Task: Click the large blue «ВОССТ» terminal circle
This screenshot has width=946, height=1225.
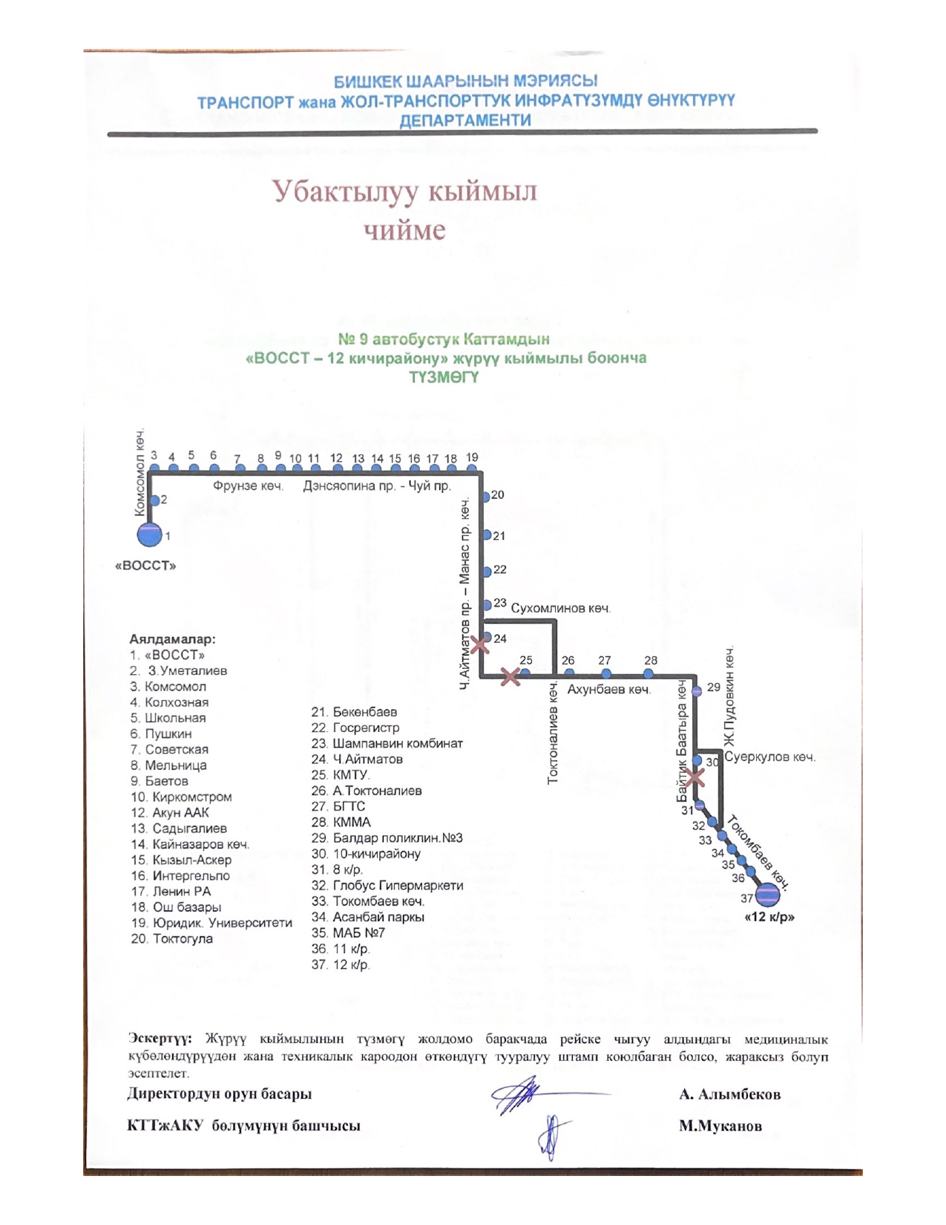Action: coord(149,535)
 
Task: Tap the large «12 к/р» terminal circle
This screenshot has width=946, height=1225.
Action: coord(767,895)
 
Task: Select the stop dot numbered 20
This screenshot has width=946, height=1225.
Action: coord(486,496)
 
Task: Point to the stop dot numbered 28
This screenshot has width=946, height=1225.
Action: coord(648,673)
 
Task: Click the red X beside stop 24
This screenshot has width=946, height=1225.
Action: coord(480,644)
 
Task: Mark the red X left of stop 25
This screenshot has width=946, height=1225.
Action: coord(510,676)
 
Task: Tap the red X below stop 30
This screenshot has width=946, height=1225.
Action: coord(694,777)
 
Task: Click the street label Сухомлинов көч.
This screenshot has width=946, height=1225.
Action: coord(560,609)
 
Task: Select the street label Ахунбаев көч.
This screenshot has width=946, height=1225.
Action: coord(608,690)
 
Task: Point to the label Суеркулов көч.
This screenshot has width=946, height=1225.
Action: coord(769,757)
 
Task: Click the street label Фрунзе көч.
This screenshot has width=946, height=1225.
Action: coord(248,486)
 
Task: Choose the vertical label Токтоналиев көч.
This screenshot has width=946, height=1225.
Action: coord(553,732)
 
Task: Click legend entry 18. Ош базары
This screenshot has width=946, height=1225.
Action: coord(177,907)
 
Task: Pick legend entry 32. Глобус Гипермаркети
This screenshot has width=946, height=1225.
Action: coord(387,886)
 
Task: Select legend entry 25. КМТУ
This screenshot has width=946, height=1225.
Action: coord(341,775)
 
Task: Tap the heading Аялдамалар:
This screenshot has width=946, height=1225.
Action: coord(172,638)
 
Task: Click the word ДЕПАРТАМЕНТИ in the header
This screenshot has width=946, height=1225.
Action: coord(465,120)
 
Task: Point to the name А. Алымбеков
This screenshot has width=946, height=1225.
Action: coord(729,1094)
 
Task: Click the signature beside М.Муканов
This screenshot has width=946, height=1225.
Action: coord(553,1136)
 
